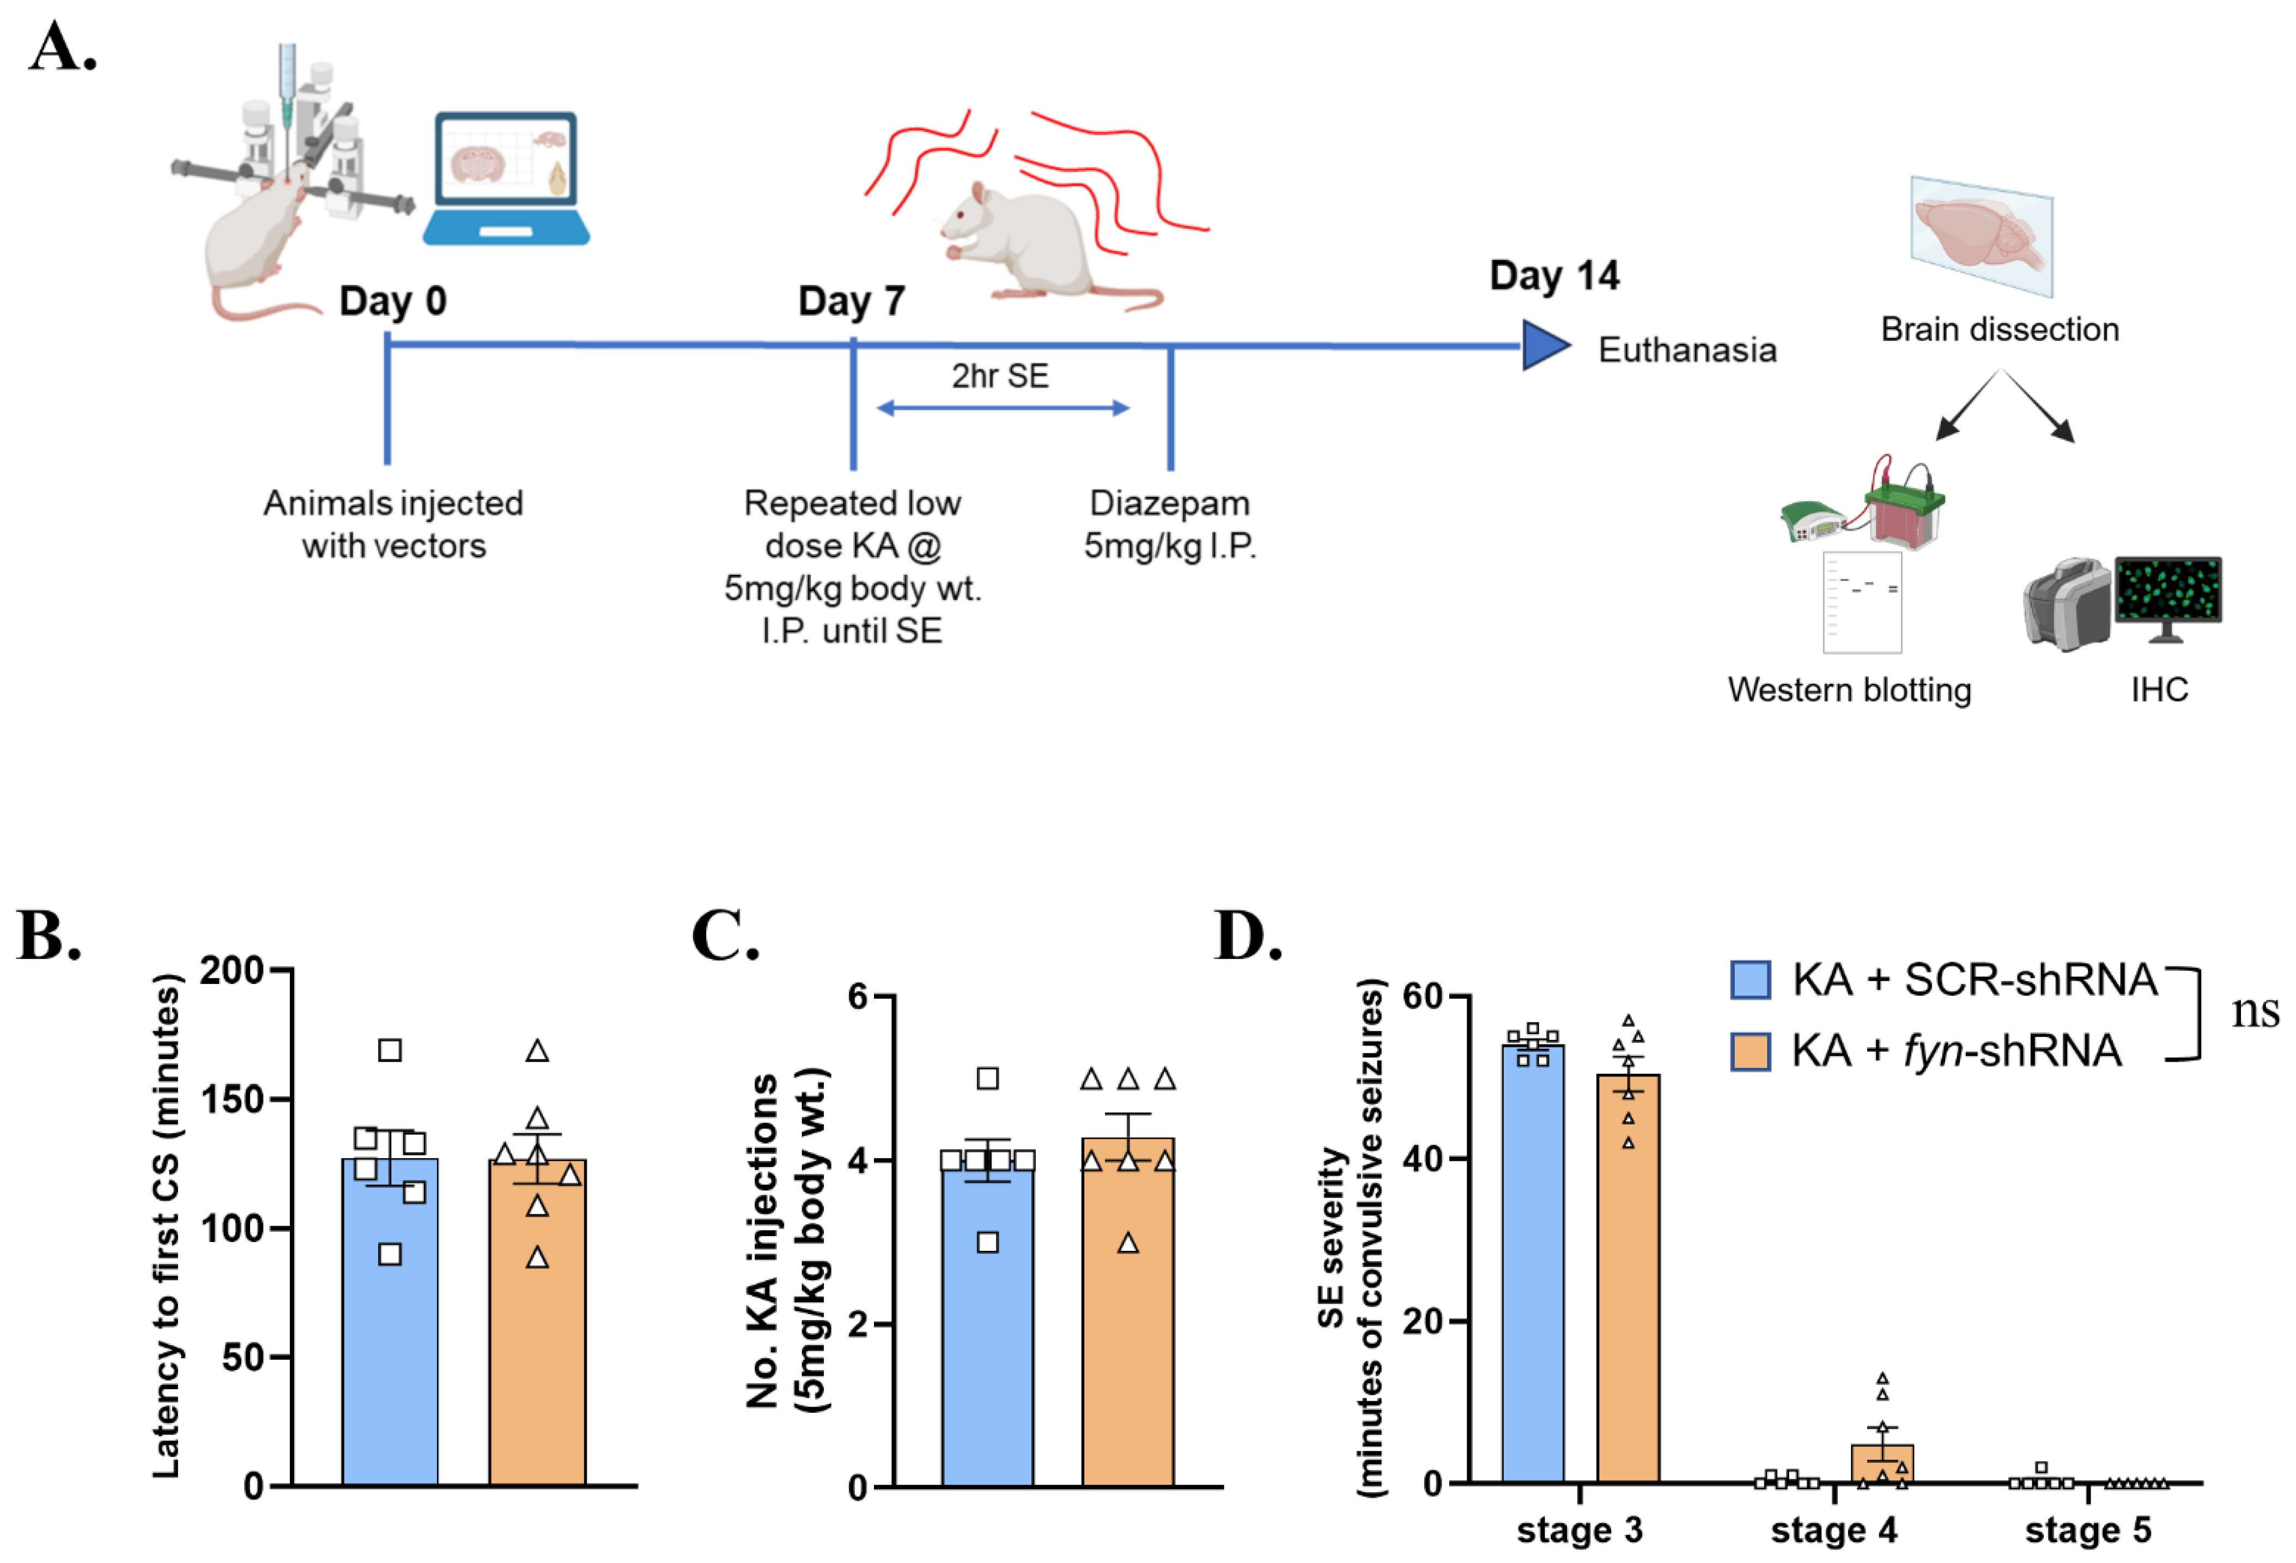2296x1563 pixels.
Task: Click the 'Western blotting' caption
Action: click(x=1849, y=690)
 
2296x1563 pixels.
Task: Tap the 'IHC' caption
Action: click(x=2159, y=690)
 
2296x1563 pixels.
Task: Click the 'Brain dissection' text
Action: click(x=1999, y=329)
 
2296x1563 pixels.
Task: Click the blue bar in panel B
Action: click(x=390, y=1324)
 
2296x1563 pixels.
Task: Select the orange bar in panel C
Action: click(x=1127, y=1314)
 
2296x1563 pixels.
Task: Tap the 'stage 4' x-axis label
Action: click(x=1833, y=1529)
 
